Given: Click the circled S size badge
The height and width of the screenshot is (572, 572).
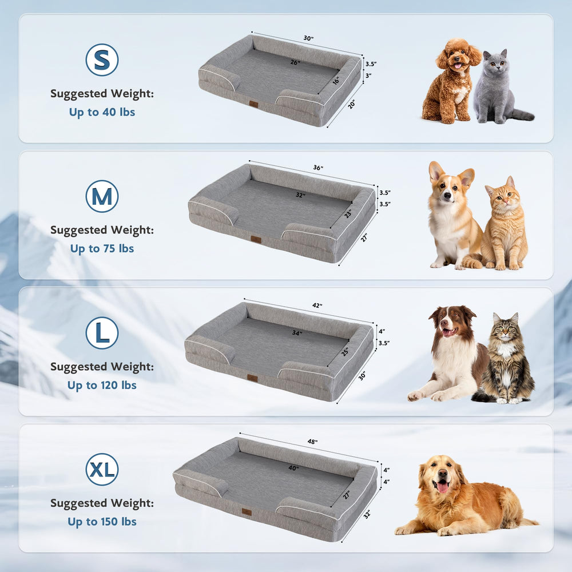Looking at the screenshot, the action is [x=102, y=60].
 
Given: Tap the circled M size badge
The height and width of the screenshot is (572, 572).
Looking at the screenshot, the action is [x=102, y=196].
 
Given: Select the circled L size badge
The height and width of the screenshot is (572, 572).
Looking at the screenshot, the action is [x=102, y=333].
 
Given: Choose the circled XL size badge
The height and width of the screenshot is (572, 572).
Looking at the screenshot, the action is [x=102, y=469].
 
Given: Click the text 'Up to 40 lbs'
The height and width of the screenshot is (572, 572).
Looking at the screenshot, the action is [x=102, y=112].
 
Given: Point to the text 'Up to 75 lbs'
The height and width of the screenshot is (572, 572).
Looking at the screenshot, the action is [x=102, y=249].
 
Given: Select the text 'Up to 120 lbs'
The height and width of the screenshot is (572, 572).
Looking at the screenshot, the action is [x=102, y=385].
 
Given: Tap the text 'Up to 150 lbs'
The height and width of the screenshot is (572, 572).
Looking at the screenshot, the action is [x=102, y=522].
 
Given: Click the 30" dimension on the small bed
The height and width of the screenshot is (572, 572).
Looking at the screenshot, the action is [x=309, y=38].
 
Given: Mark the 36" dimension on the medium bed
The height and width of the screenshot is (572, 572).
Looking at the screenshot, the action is [x=318, y=168].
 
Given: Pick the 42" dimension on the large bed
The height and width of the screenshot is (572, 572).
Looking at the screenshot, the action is [x=317, y=305].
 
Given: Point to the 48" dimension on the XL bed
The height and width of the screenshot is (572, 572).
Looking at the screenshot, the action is [x=312, y=442].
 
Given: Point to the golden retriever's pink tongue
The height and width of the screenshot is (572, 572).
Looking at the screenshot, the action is [x=443, y=487].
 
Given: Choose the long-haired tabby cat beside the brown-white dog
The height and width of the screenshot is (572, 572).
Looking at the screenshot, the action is [x=505, y=359].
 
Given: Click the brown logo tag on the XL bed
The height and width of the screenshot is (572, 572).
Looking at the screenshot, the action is [x=247, y=512].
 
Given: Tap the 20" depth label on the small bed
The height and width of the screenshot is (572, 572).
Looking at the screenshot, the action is [x=351, y=104].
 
